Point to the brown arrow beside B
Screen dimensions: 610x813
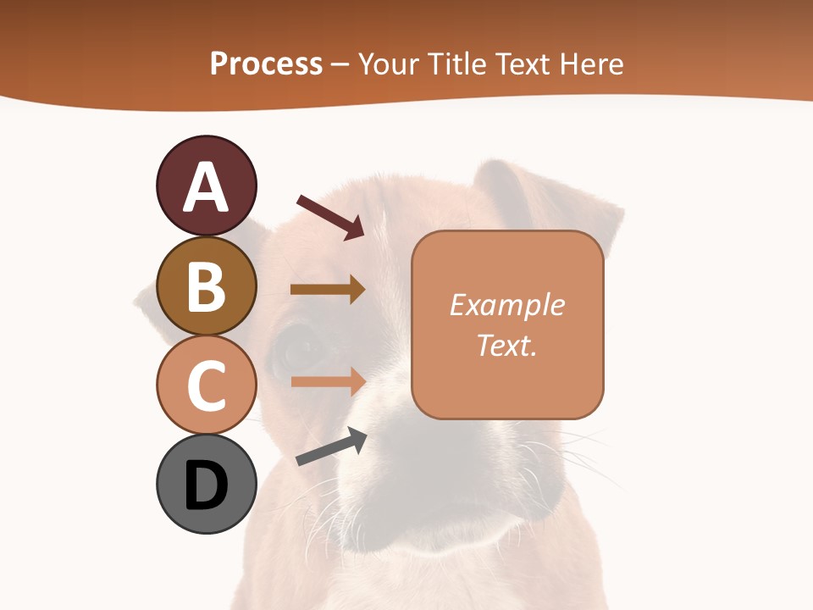328,289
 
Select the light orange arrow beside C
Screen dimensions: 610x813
328,381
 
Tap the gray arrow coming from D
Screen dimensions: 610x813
331,446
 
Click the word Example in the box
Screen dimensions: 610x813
507,305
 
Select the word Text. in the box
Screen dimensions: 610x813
507,345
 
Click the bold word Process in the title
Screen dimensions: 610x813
266,64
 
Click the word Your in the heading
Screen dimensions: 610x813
388,64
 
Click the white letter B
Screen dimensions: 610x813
206,286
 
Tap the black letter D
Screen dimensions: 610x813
206,485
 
